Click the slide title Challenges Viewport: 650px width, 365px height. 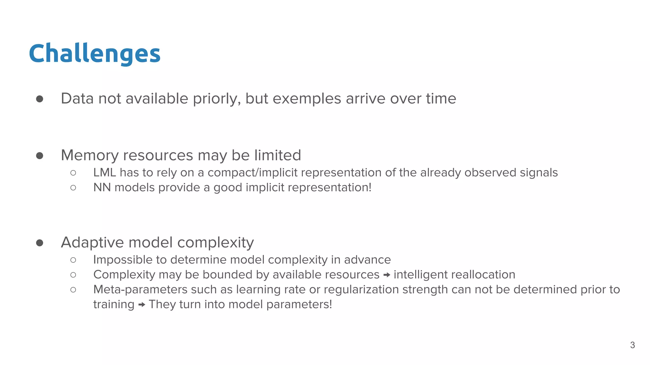tap(95, 54)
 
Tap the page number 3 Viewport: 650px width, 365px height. tap(632, 345)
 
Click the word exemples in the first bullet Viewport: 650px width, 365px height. tap(307, 99)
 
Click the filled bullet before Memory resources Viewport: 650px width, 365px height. tap(40, 156)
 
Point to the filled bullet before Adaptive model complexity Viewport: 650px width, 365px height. tap(40, 243)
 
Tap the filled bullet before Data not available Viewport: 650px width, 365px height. tap(40, 99)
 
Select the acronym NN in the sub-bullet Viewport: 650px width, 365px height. tap(102, 188)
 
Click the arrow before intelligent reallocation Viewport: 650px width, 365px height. tap(387, 275)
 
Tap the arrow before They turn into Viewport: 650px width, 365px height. tap(142, 305)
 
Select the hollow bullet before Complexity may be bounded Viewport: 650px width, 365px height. tap(73, 275)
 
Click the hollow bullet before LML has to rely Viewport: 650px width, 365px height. tap(73, 173)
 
